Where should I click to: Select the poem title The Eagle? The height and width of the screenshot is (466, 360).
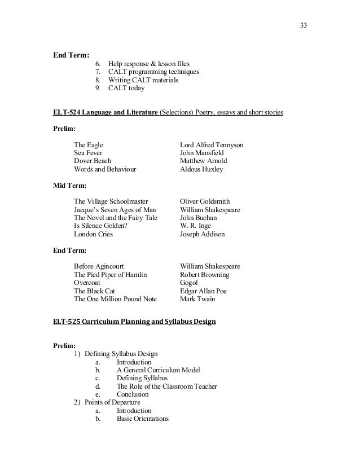coord(89,145)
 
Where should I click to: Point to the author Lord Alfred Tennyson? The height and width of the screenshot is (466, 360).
coord(212,145)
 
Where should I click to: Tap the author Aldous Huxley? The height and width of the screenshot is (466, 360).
coord(201,169)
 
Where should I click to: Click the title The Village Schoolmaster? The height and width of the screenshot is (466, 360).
coord(111,201)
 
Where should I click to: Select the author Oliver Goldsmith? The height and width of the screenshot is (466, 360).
coord(205,201)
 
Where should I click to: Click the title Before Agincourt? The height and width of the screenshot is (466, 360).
coord(99,266)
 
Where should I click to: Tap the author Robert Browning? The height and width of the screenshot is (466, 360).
coord(204,274)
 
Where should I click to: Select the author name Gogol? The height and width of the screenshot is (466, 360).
coord(189,282)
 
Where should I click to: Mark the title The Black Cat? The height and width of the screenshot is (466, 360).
coord(95,291)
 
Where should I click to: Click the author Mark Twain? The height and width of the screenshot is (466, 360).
coord(197,298)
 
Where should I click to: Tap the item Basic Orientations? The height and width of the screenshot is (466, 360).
coord(143,419)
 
